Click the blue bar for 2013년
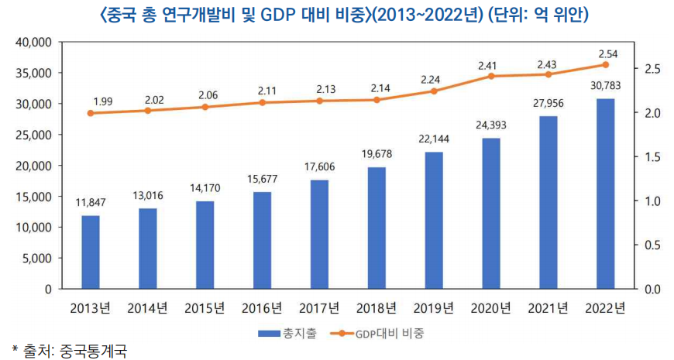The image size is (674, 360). (x=91, y=252)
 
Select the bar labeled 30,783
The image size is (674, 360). (x=605, y=194)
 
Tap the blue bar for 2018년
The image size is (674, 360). (x=377, y=228)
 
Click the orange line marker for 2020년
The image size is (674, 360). (x=490, y=76)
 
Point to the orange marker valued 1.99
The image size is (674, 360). (x=91, y=113)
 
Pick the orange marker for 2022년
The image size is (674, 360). (x=605, y=65)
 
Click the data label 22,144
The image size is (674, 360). (x=433, y=139)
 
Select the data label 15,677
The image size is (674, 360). (x=262, y=179)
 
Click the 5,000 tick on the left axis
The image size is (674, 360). (x=36, y=259)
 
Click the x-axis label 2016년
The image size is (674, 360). (x=262, y=308)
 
